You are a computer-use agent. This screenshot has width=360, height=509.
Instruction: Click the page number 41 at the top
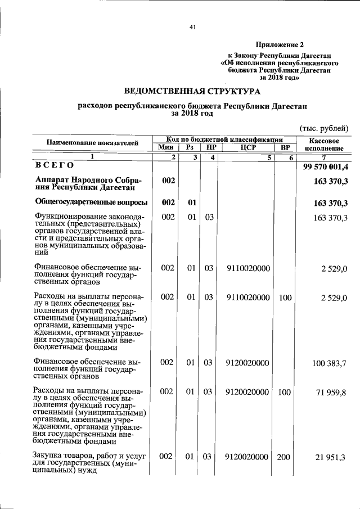(192, 28)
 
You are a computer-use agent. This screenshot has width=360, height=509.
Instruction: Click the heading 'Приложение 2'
(280, 44)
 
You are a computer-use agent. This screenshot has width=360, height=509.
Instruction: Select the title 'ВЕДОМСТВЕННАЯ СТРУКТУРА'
(192, 91)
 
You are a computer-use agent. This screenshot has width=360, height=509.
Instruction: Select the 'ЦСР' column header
(247, 147)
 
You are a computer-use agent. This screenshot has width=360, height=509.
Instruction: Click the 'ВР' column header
(284, 147)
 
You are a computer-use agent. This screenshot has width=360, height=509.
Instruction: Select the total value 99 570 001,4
(326, 166)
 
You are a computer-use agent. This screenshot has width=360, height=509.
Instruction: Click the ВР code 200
(283, 458)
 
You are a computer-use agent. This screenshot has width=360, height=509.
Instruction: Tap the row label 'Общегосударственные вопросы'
(91, 202)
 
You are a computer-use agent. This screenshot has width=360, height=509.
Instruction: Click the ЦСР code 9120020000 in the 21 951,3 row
(247, 458)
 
